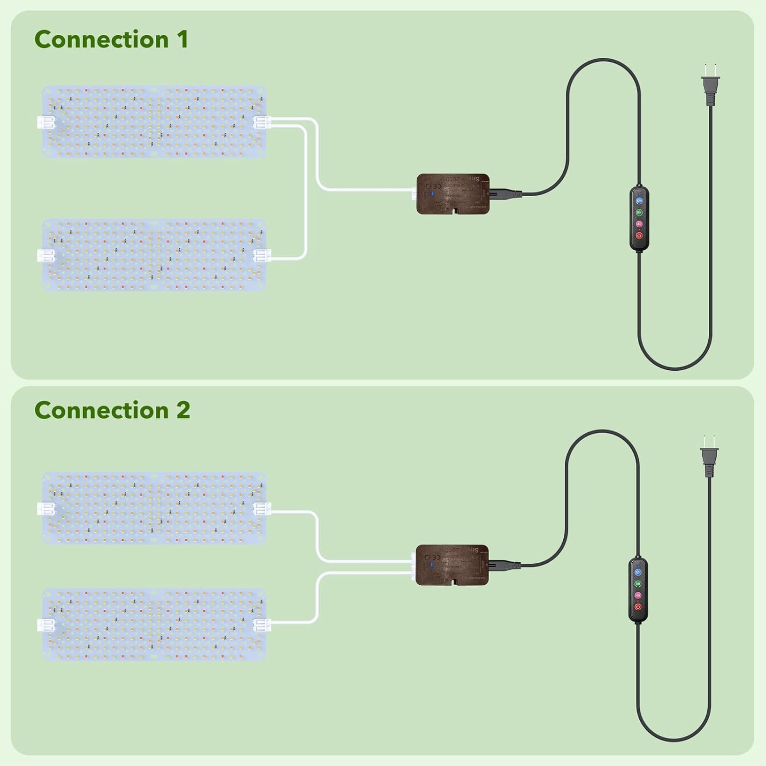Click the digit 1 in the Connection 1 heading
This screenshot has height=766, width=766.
point(182,40)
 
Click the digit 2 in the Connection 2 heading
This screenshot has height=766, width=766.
point(183,411)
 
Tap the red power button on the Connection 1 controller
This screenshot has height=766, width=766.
point(639,236)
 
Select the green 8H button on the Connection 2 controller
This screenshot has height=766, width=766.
point(638,584)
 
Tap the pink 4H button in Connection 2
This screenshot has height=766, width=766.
point(638,595)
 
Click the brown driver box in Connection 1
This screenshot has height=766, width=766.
point(453,194)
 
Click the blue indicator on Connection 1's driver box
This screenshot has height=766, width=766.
point(433,194)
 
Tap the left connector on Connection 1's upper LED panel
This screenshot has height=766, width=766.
point(46,123)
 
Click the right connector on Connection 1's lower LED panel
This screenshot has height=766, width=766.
point(261,255)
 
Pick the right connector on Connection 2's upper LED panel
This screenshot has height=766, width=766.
point(261,508)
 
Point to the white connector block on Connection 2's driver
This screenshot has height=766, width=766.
point(413,564)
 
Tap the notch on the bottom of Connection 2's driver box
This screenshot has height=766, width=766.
point(453,582)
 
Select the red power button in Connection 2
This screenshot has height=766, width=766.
point(638,607)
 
